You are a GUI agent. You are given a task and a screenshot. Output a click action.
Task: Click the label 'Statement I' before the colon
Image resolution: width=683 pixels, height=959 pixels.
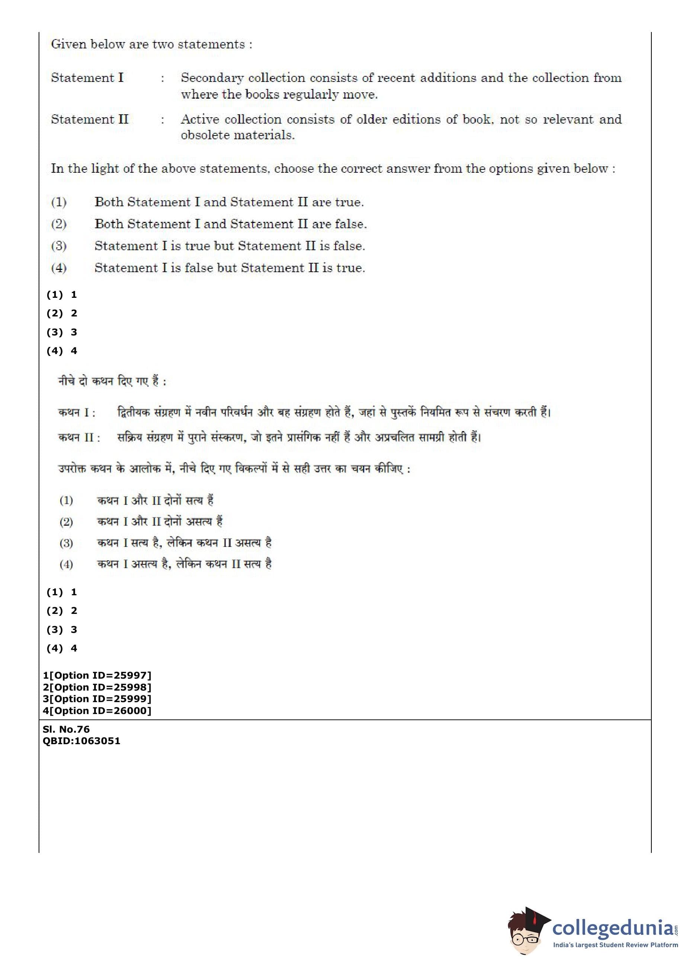point(87,78)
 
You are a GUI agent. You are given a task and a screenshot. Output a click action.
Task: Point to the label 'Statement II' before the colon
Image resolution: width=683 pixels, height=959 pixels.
point(90,120)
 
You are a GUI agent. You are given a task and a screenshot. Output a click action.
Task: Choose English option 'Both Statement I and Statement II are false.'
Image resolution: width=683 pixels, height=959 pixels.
point(231,224)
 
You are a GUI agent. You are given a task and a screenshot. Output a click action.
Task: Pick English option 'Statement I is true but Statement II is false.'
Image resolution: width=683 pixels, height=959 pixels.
point(230,246)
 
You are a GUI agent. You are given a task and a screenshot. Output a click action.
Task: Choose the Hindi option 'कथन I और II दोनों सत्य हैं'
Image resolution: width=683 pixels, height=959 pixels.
point(155,500)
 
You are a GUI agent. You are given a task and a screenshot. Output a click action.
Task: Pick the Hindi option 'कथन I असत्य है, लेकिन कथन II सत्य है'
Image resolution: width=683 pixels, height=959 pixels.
point(184,564)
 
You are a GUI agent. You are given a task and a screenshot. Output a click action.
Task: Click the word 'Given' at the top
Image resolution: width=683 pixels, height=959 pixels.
point(68,45)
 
